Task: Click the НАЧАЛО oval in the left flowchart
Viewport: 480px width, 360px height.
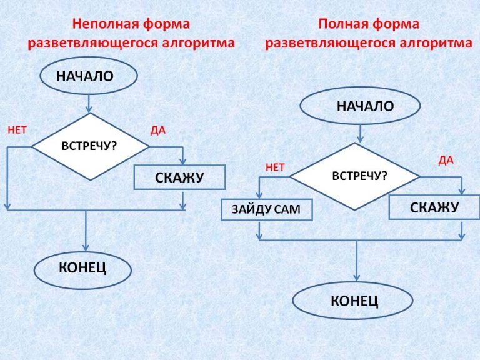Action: [88, 77]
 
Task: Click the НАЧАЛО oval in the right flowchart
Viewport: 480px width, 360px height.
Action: [360, 106]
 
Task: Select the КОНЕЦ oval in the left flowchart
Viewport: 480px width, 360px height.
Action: [82, 269]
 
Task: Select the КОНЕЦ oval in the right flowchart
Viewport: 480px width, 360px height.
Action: [354, 301]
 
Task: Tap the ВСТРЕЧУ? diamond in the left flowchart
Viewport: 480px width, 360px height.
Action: [91, 146]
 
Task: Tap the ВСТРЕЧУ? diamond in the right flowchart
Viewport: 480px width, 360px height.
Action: [355, 176]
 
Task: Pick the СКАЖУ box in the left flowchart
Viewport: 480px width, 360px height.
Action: [179, 177]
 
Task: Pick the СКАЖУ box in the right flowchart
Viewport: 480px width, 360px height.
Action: [434, 207]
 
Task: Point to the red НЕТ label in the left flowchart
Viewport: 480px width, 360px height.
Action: [17, 131]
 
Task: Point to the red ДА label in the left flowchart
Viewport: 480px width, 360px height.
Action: [158, 131]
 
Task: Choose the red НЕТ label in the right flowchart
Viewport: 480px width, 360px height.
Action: [275, 167]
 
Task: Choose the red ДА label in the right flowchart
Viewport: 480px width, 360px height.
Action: [446, 161]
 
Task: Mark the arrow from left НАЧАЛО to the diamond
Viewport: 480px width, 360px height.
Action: [89, 102]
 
